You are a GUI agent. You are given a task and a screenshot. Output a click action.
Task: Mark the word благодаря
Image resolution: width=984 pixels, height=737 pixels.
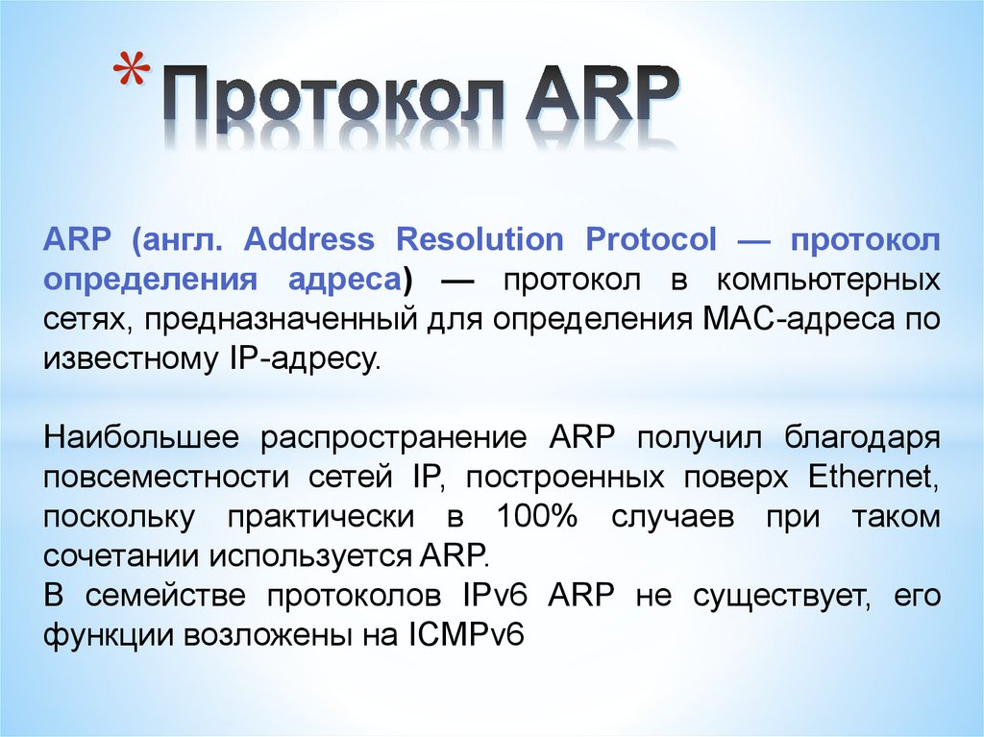(862, 438)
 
